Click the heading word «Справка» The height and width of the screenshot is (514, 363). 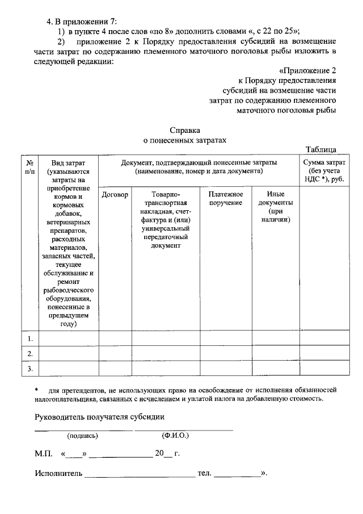pyautogui.click(x=185, y=130)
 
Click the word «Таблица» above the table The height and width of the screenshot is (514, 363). pyautogui.click(x=321, y=149)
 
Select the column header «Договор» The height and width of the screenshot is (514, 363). pyautogui.click(x=115, y=194)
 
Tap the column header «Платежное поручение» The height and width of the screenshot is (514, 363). pyautogui.click(x=225, y=198)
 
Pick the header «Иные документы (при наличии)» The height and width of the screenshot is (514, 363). pyautogui.click(x=275, y=207)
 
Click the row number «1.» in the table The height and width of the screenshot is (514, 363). pyautogui.click(x=30, y=339)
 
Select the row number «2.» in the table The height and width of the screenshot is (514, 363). pyautogui.click(x=30, y=354)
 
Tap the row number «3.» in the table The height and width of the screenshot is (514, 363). pyautogui.click(x=30, y=369)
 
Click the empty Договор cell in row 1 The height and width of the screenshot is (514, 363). pyautogui.click(x=115, y=339)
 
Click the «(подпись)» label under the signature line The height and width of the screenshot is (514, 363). pyautogui.click(x=83, y=436)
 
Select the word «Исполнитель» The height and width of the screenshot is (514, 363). pyautogui.click(x=58, y=473)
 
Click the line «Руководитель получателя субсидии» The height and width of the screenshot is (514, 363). pyautogui.click(x=100, y=417)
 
